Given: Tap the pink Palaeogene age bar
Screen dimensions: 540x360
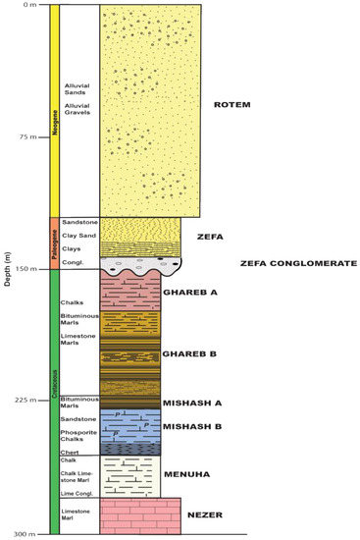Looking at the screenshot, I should pos(53,243).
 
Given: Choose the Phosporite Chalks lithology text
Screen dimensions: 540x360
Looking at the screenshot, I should pos(77,436).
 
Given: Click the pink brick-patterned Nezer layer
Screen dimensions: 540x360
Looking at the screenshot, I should pos(140,514).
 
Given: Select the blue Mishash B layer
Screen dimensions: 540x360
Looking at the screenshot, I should pos(130,426).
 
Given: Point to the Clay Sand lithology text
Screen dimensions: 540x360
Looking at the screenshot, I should pos(77,236).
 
